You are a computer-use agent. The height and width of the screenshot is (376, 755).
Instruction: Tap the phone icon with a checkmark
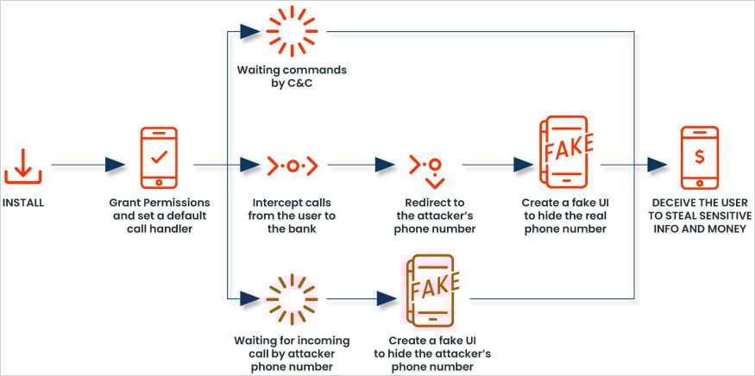click(159, 158)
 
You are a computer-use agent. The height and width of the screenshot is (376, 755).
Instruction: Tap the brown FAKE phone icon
click(427, 292)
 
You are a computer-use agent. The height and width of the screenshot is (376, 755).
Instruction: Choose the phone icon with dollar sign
click(700, 157)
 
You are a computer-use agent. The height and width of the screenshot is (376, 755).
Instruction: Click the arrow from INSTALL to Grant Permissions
click(116, 164)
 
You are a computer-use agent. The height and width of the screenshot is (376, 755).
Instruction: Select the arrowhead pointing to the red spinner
click(249, 32)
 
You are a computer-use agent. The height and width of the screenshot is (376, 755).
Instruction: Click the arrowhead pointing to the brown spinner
click(249, 298)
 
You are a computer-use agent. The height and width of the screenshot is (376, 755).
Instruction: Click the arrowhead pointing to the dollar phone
click(657, 164)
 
